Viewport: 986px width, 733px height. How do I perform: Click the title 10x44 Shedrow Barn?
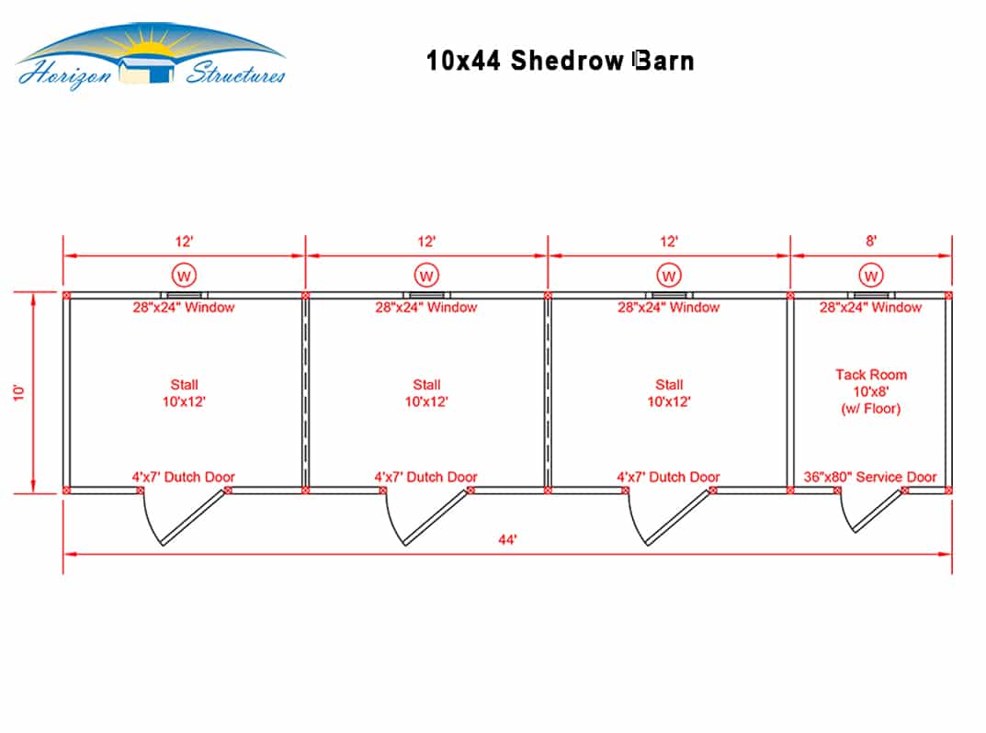(x=560, y=61)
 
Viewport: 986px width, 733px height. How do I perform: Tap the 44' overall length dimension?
(x=507, y=540)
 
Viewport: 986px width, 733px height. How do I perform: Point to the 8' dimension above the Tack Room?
(x=870, y=242)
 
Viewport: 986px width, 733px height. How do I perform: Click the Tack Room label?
(x=870, y=391)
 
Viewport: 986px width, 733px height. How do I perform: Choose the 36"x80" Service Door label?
(x=870, y=477)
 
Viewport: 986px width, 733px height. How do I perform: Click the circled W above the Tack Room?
(x=870, y=274)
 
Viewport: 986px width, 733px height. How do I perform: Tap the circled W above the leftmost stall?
(x=184, y=274)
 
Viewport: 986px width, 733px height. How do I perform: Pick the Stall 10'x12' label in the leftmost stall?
(x=184, y=393)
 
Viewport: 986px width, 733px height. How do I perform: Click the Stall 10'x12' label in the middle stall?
(x=426, y=393)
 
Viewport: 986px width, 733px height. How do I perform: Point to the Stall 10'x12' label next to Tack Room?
(x=669, y=393)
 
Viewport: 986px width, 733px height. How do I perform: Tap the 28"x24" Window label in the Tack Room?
(x=870, y=308)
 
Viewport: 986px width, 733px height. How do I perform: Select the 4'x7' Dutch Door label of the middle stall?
(x=426, y=477)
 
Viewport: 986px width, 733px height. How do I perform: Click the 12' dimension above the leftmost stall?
(x=184, y=242)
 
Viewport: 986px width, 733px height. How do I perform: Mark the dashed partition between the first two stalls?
(x=306, y=393)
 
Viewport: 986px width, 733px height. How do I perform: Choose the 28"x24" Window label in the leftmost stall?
(x=184, y=308)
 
